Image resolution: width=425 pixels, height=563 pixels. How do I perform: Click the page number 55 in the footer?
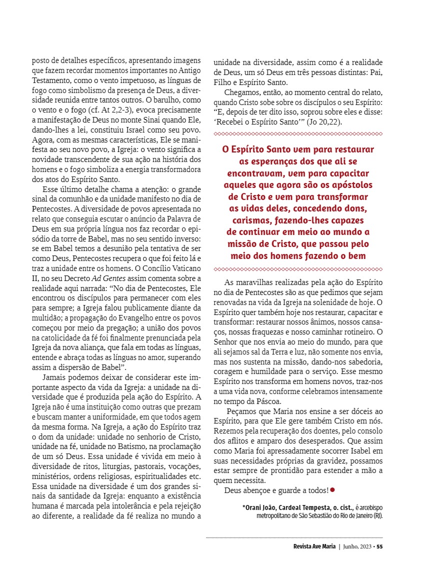(379, 546)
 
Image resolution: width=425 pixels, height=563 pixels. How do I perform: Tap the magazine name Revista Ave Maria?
(314, 546)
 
